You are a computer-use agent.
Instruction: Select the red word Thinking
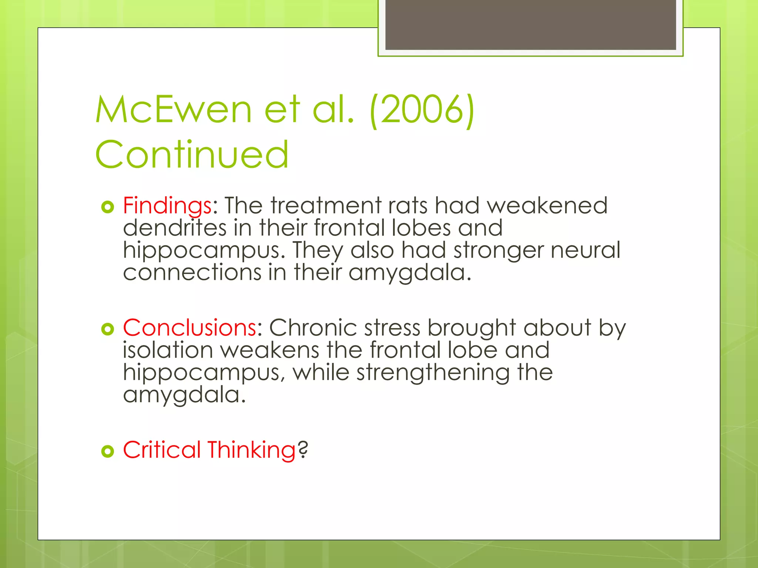click(x=251, y=450)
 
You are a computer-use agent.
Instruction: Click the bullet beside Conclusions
click(x=107, y=329)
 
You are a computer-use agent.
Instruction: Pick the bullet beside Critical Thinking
click(x=107, y=451)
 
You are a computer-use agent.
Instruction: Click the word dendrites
click(x=175, y=228)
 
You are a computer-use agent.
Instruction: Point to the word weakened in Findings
click(x=547, y=206)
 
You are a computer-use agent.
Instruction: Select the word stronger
click(x=498, y=250)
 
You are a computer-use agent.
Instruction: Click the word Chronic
click(x=313, y=328)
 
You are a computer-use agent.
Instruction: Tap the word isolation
click(x=168, y=350)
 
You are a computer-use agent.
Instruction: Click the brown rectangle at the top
click(x=530, y=24)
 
